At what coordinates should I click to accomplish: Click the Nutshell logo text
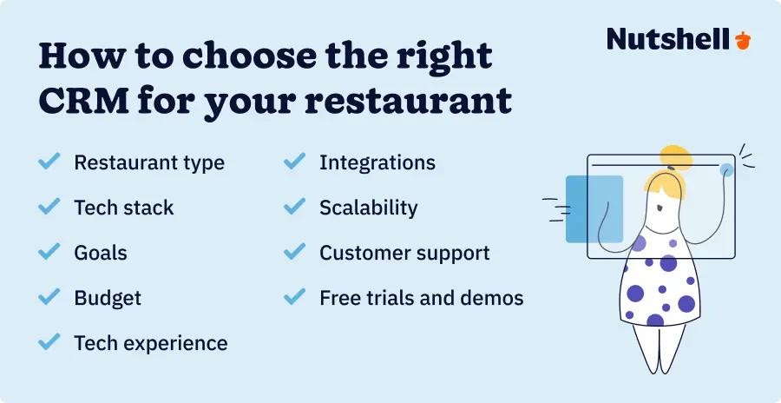(667, 39)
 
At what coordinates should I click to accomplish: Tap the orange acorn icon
(742, 40)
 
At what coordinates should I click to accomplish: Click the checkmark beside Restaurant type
(49, 162)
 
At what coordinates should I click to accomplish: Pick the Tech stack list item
(123, 208)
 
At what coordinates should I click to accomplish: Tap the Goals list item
(101, 253)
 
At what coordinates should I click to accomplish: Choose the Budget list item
(108, 298)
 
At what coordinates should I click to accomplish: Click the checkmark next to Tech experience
(49, 342)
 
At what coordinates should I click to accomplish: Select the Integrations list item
(377, 162)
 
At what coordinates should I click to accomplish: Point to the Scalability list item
(368, 208)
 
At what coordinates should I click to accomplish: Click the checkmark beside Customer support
(295, 252)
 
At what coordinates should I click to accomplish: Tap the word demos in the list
(493, 298)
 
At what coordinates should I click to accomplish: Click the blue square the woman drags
(594, 208)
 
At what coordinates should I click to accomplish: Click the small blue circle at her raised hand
(725, 170)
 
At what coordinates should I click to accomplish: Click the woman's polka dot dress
(660, 287)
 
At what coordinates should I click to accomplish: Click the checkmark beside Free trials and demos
(295, 297)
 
